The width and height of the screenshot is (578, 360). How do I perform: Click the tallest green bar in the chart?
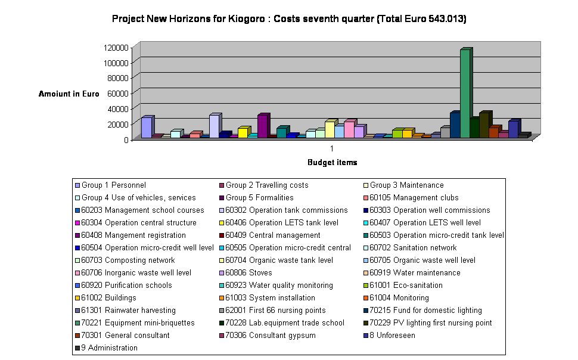pyautogui.click(x=465, y=94)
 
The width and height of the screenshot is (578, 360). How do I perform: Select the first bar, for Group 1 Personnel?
pyautogui.click(x=146, y=128)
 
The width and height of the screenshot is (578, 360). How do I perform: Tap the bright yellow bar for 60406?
pyautogui.click(x=243, y=132)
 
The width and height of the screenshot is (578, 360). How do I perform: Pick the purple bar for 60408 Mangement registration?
pyautogui.click(x=262, y=126)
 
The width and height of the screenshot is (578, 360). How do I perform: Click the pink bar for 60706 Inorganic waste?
pyautogui.click(x=349, y=129)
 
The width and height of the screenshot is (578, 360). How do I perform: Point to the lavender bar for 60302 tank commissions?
pyautogui.click(x=214, y=126)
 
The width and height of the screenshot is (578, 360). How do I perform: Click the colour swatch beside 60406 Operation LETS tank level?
pyautogui.click(x=221, y=223)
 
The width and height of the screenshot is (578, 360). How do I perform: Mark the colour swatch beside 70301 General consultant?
pyautogui.click(x=77, y=336)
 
